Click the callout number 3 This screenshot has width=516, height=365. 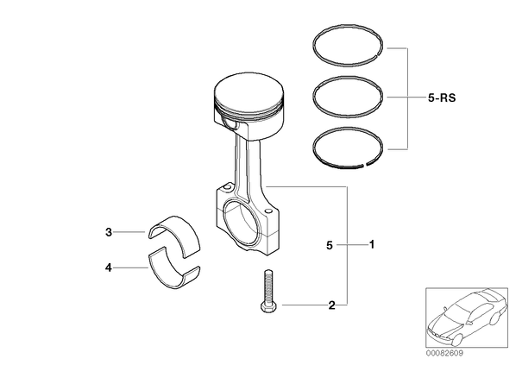(x=109, y=232)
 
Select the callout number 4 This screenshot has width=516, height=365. (x=109, y=267)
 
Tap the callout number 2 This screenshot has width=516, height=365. (x=331, y=305)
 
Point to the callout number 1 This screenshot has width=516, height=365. (x=372, y=244)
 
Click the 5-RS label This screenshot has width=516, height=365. (x=442, y=98)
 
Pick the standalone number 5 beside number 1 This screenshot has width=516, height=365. (x=330, y=245)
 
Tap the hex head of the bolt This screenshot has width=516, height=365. (x=268, y=307)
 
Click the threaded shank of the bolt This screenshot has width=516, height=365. (x=267, y=286)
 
